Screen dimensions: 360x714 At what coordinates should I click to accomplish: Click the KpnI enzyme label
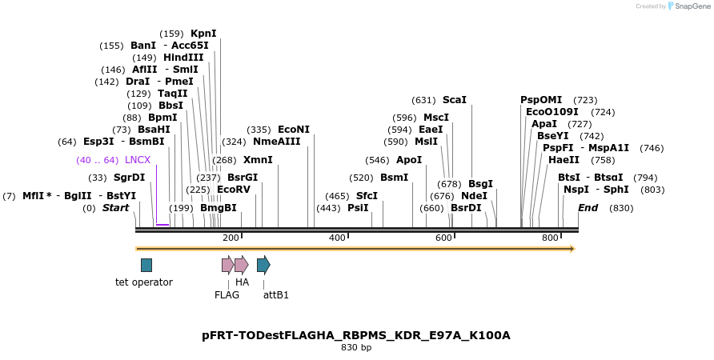point(203,34)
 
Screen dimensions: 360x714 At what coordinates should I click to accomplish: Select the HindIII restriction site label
point(183,58)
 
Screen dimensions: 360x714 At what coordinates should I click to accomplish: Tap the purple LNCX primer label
point(138,160)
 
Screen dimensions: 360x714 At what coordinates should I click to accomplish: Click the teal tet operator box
point(146,265)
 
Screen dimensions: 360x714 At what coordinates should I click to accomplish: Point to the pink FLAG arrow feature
point(227,265)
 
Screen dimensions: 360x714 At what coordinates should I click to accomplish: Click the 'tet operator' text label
point(144,282)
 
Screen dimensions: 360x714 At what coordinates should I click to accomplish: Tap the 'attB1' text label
point(276,295)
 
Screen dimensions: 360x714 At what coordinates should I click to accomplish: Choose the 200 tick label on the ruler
point(231,238)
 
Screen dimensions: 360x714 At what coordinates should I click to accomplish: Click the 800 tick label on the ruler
point(550,238)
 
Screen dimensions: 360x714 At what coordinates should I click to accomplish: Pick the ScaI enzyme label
point(454,100)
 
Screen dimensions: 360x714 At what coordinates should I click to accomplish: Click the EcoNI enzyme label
point(293,130)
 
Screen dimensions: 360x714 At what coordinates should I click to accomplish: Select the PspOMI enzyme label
point(541,100)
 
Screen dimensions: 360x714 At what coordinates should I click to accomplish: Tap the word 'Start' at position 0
point(115,208)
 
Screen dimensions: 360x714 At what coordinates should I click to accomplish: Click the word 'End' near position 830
point(588,208)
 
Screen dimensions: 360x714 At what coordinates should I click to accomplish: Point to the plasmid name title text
point(356,335)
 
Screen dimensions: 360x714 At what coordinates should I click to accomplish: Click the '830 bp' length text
point(356,348)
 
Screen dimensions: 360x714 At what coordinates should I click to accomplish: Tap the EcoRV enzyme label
point(234,190)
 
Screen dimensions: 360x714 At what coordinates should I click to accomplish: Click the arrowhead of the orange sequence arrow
point(572,249)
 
